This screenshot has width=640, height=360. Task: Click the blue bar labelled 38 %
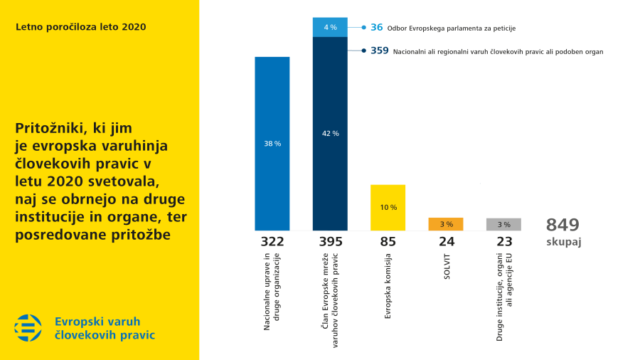point(272,143)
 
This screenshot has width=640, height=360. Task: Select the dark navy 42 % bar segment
point(330,133)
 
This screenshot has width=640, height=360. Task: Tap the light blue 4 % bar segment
point(330,27)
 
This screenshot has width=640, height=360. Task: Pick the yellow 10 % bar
point(388,207)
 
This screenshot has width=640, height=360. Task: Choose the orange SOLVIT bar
point(446,224)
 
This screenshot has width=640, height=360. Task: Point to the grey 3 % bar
point(504,224)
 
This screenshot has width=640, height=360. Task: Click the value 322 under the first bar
point(272,242)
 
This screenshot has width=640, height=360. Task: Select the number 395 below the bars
point(330,242)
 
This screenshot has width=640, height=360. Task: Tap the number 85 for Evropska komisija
point(388,242)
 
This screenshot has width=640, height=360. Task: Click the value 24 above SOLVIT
point(446,242)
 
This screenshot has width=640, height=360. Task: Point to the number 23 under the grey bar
point(504,242)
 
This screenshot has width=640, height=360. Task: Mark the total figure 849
point(563,225)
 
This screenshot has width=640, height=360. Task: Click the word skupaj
point(564,242)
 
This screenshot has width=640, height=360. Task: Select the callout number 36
point(377,27)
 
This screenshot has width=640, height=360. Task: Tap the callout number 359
point(380,51)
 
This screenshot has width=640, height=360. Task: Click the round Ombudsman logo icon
point(28,327)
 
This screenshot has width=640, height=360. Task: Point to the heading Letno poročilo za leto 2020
point(80,27)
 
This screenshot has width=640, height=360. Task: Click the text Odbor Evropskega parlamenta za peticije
point(452,28)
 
